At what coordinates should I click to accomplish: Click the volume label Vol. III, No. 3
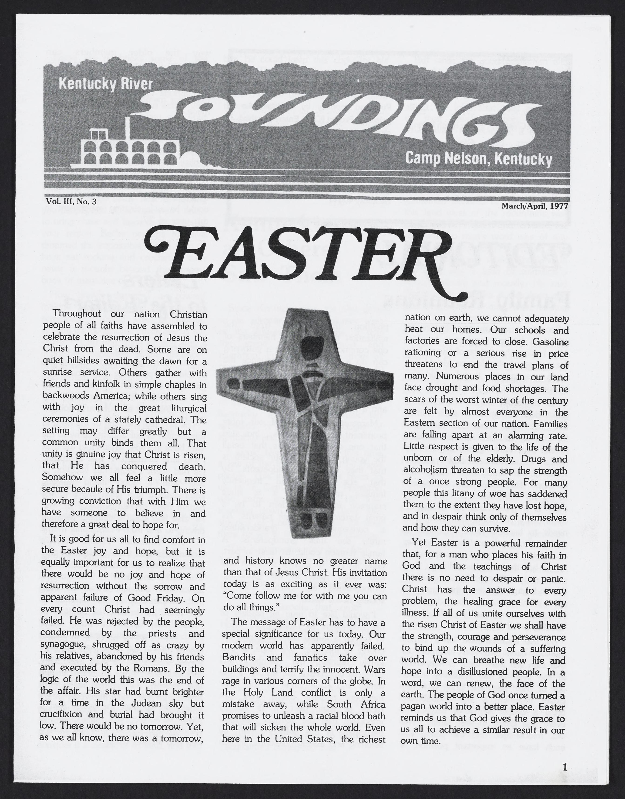point(71,201)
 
